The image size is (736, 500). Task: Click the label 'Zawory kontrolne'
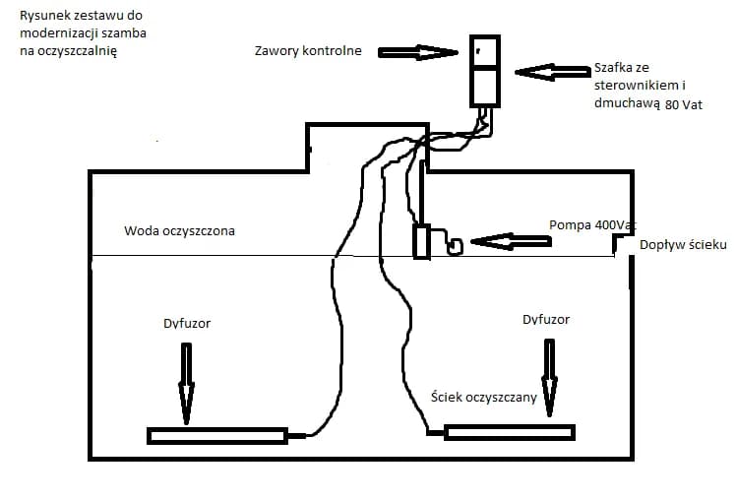[308, 50]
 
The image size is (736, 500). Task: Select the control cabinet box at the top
[483, 71]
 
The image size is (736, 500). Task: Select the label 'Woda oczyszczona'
[179, 231]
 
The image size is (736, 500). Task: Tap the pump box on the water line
[421, 241]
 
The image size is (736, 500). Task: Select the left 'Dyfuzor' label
[187, 322]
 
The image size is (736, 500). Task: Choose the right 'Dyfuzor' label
[545, 319]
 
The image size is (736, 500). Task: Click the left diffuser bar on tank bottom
[216, 435]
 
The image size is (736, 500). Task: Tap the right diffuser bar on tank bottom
[509, 432]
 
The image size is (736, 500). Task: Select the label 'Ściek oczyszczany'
[484, 397]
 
